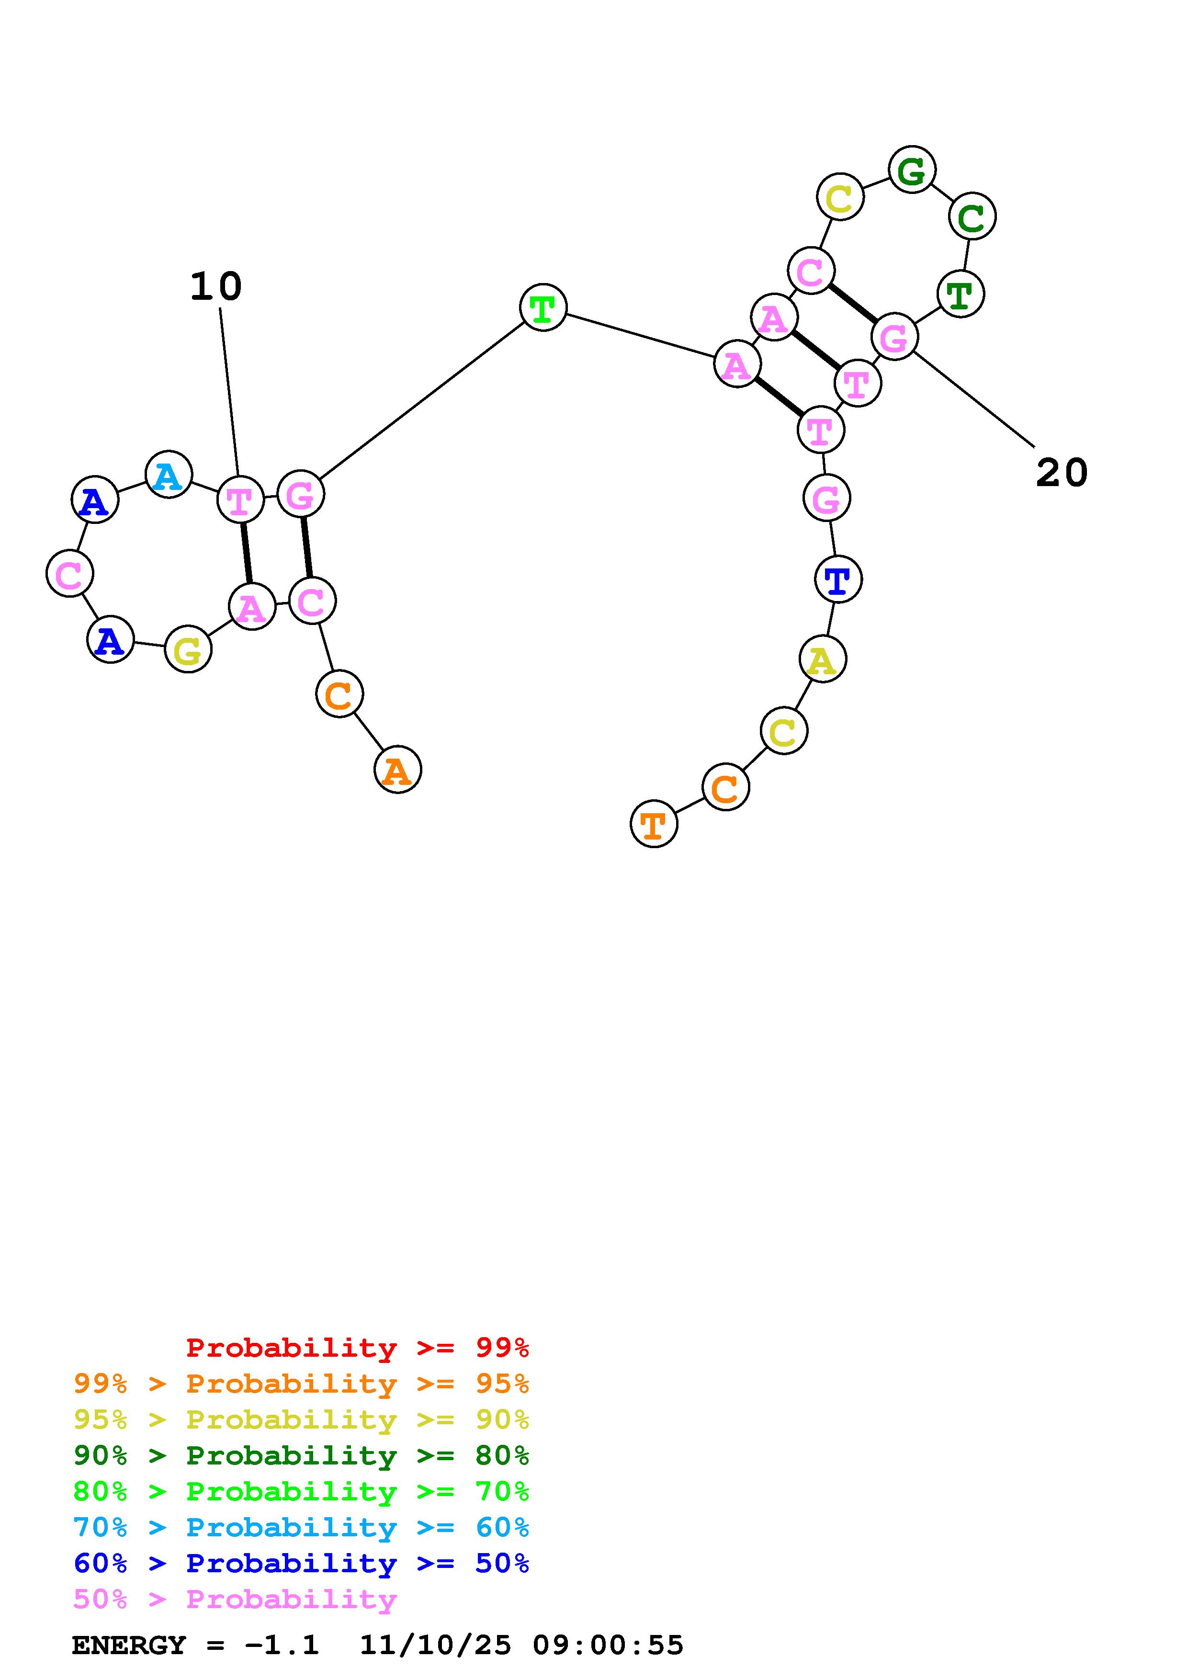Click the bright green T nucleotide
point(543,308)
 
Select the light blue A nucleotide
point(168,475)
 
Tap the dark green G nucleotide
point(911,170)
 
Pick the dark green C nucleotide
point(972,216)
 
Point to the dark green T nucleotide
point(961,294)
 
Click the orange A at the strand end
point(397,770)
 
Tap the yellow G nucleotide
point(188,649)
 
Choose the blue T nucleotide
point(838,579)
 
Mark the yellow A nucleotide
point(822,659)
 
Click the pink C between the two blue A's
point(69,574)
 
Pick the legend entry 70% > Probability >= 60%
point(301,1527)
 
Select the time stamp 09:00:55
point(608,1646)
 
